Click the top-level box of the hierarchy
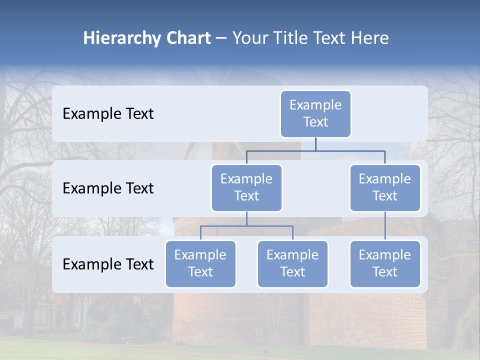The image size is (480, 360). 315,113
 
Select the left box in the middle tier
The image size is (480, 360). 246,187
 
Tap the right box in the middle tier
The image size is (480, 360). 385,187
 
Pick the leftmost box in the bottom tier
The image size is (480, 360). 200,263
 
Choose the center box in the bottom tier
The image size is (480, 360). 292,263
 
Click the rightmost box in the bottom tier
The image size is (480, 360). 385,263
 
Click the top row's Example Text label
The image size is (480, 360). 108,114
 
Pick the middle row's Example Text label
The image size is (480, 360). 108,188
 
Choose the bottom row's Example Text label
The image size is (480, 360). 108,264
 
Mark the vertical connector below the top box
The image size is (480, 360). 315,144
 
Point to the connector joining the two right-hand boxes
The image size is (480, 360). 385,226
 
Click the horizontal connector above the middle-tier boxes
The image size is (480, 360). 315,150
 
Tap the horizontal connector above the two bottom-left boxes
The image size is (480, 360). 246,226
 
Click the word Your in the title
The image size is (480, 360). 250,38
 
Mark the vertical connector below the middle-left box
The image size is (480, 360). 246,218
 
